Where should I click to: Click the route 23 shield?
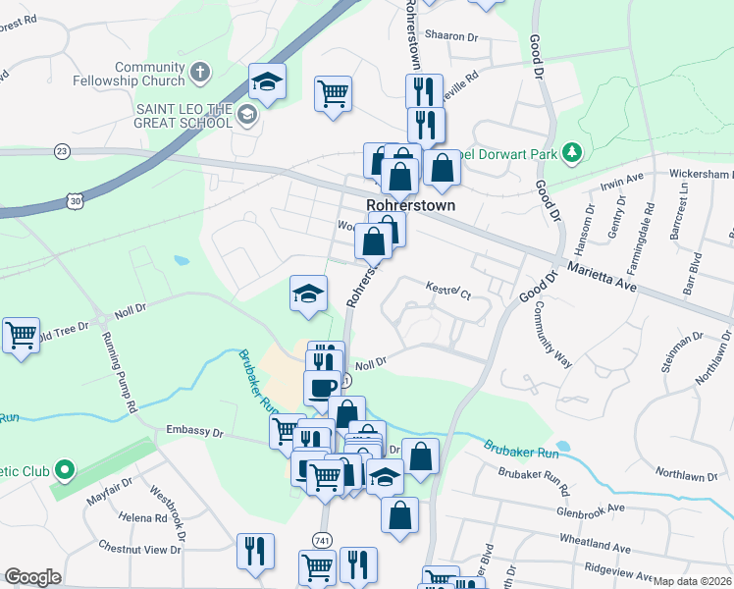coord(63,151)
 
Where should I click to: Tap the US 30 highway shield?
coord(76,200)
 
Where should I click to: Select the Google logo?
coord(32,577)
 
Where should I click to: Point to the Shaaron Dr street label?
coord(453,37)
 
